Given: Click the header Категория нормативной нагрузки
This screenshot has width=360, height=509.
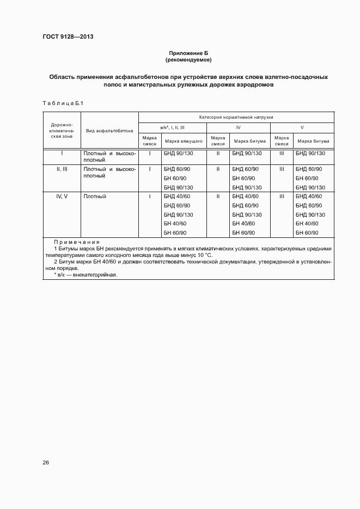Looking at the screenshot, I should (236, 117).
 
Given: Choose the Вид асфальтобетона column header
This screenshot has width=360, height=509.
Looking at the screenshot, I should (109, 131).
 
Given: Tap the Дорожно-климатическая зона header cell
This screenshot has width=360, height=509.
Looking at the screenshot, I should (62, 131).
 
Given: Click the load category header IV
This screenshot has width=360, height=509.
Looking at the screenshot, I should (238, 127).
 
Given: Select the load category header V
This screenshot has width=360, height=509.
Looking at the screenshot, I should (302, 127).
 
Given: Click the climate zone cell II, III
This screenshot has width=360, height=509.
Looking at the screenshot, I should (62, 169).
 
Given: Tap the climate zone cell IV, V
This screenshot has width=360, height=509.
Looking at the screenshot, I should (62, 196).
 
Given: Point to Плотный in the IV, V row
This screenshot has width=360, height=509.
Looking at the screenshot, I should (95, 196).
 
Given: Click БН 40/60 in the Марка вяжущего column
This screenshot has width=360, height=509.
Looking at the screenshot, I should (175, 224).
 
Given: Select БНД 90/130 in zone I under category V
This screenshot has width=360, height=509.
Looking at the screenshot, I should (310, 154).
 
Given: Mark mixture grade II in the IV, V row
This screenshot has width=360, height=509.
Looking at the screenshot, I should (218, 196).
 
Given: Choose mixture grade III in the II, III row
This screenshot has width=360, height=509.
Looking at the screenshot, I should (282, 169).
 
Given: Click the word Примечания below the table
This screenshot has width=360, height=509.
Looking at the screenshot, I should (76, 242).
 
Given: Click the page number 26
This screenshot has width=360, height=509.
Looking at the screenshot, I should (46, 463).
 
